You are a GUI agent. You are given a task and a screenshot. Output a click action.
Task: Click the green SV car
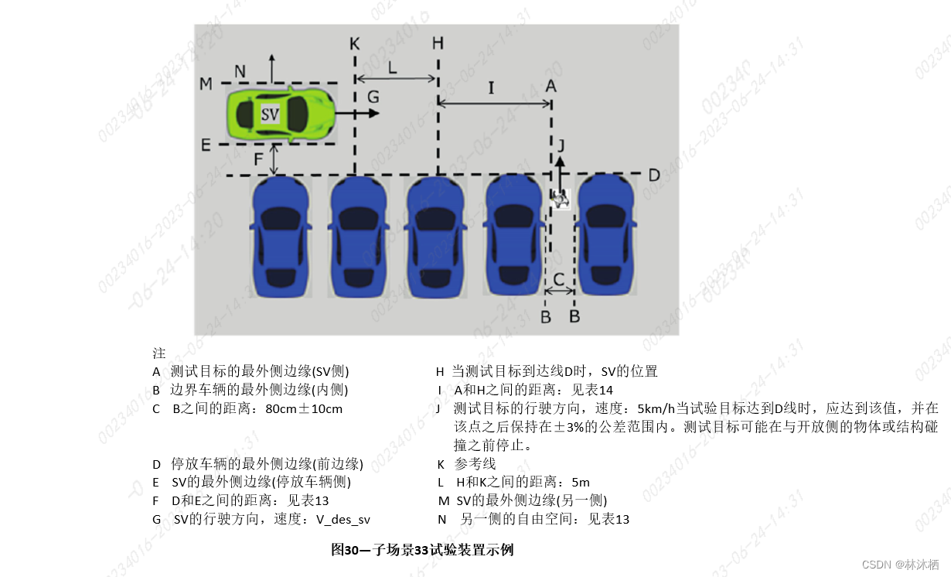click(281, 114)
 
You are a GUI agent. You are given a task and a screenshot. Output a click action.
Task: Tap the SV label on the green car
click(270, 114)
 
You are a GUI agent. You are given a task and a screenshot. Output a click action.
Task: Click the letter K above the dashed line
click(354, 43)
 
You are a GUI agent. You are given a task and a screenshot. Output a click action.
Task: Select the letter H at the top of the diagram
click(438, 43)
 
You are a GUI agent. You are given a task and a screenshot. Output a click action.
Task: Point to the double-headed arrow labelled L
click(396, 78)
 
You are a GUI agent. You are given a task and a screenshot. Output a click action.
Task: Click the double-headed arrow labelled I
click(495, 102)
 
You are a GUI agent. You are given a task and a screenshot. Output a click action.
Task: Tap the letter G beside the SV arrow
click(373, 97)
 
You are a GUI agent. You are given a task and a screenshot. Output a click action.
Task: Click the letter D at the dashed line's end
click(654, 175)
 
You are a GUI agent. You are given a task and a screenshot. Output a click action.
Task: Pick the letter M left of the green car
click(206, 84)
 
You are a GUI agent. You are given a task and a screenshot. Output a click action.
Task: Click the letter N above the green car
click(240, 71)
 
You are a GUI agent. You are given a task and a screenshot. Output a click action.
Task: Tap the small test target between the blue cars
click(561, 199)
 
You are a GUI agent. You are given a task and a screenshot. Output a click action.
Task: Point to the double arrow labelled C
click(559, 291)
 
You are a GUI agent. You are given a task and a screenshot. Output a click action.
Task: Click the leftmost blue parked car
click(280, 236)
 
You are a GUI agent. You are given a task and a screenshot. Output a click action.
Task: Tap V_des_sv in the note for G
click(343, 519)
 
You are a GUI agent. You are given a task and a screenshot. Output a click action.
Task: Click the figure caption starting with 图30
click(422, 550)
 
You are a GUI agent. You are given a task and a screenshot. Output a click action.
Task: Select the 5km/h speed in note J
click(654, 408)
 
